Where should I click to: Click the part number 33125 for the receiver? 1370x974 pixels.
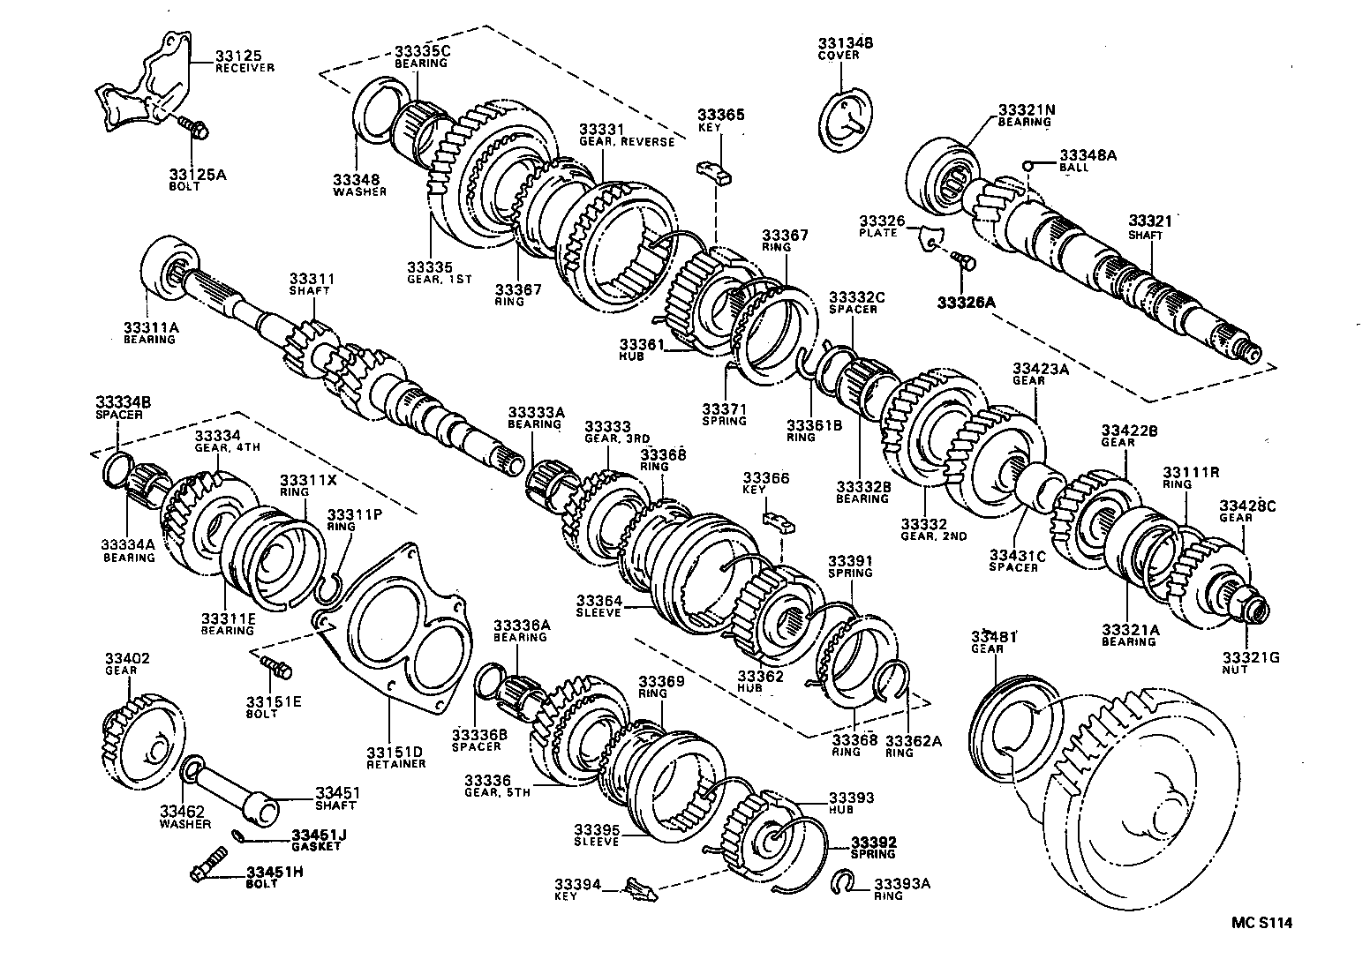(x=234, y=56)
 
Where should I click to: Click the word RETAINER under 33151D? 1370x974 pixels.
(x=395, y=764)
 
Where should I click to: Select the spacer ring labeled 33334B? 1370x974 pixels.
(x=119, y=468)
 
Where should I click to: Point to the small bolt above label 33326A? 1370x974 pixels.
(x=962, y=260)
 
